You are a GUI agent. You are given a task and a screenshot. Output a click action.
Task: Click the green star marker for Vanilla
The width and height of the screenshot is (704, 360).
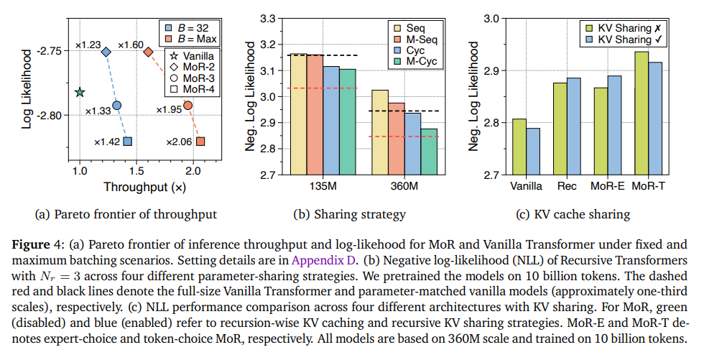coord(80,92)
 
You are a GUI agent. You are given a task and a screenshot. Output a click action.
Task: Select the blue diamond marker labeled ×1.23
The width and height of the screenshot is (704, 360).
coord(106,52)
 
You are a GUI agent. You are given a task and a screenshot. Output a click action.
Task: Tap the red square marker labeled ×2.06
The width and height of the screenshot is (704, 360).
coord(200,142)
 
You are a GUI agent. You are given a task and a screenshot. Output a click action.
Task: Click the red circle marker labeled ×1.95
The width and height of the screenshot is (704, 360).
coord(187,106)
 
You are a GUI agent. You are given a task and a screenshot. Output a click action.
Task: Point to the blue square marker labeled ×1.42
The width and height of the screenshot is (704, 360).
coord(127,142)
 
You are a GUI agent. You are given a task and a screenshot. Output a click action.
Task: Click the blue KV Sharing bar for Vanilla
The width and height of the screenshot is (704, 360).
coord(532,152)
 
